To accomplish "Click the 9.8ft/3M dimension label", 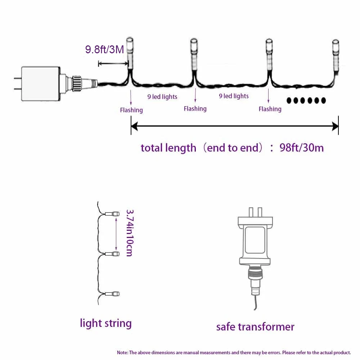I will pos(104,49).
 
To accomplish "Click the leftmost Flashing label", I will pos(131,110).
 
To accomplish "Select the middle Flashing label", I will pos(195,108).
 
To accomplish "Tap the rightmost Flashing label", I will pos(270,109).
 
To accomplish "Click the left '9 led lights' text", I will pos(162,96).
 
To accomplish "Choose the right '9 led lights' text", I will pos(234,96).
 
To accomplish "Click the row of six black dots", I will pos(306,100).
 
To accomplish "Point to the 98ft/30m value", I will pos(302,148).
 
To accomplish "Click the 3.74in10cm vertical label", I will pos(129,233).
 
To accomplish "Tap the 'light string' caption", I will pos(105,323).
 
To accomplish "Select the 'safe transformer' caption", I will pos(255,327).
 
